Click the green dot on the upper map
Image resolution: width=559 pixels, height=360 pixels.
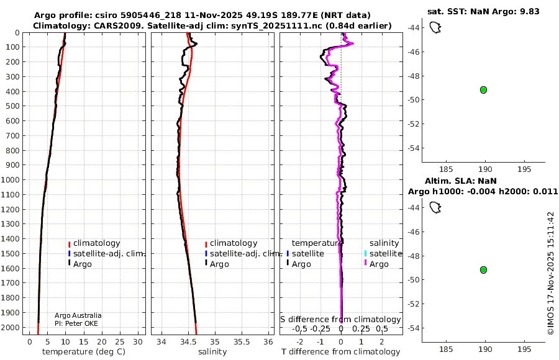(483, 90)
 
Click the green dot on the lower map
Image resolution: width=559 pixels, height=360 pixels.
(483, 270)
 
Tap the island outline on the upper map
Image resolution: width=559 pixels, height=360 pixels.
(435, 27)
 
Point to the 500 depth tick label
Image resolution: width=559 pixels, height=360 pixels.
(13, 106)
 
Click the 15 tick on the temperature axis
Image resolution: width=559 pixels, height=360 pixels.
(83, 342)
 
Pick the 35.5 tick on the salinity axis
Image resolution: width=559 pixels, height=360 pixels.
(242, 342)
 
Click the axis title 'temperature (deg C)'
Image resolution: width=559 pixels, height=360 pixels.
(84, 352)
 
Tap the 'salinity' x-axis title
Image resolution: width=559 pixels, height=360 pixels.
(212, 352)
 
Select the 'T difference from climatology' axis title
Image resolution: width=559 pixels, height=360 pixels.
(341, 352)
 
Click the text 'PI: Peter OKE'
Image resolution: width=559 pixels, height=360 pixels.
(76, 323)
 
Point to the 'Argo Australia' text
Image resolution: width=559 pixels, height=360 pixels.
(78, 315)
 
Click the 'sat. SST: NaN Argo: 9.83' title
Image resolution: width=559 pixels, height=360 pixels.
(483, 11)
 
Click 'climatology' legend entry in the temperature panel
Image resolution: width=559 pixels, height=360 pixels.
(94, 243)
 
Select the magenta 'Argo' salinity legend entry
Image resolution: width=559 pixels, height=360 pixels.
(376, 264)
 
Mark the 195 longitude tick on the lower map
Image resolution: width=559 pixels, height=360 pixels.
(524, 349)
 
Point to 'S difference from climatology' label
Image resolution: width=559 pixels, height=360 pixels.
(340, 320)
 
